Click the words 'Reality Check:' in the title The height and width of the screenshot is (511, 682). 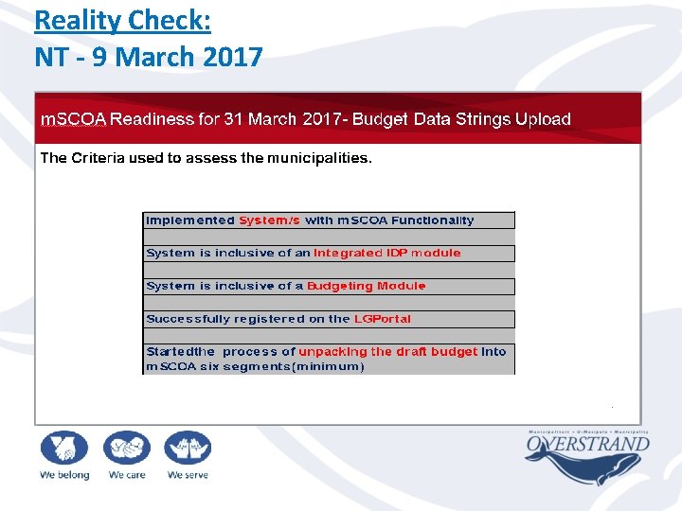pos(122,21)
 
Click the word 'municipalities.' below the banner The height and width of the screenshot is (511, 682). pos(319,158)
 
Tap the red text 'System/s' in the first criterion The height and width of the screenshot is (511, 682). pos(269,220)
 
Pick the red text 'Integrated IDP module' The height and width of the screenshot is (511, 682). pos(386,254)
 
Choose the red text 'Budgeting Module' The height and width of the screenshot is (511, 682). pos(366,286)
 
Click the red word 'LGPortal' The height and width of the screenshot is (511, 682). pos(383,319)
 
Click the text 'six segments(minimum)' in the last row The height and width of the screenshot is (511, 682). pos(282,366)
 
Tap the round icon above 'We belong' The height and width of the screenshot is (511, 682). pos(63,447)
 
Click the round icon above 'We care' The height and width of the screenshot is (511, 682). pos(126,447)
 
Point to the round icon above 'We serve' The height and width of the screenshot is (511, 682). pos(187,447)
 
